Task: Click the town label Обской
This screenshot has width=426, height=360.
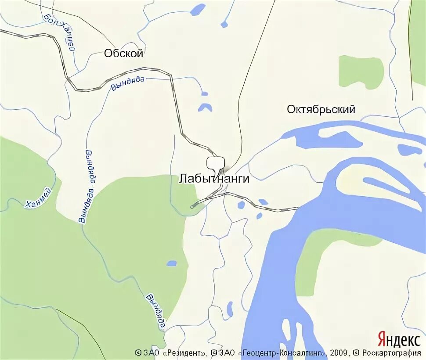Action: click(x=123, y=54)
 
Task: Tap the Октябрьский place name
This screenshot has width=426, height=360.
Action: click(x=321, y=109)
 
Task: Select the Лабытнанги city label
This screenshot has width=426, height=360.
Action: click(x=214, y=179)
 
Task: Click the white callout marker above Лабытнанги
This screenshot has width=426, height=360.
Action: click(x=216, y=163)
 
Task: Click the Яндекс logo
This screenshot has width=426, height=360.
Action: click(x=398, y=339)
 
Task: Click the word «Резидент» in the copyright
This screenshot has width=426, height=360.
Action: click(x=184, y=353)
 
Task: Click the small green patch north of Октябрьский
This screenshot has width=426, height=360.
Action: click(x=361, y=71)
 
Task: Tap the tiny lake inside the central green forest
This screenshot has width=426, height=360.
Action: click(x=171, y=263)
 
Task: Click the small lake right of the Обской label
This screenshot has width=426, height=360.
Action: click(x=198, y=9)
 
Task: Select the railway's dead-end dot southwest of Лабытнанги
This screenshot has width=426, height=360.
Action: click(x=192, y=205)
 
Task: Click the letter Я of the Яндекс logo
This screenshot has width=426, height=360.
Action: click(x=382, y=339)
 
